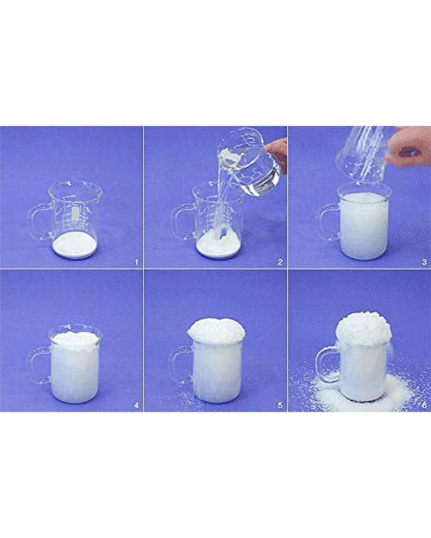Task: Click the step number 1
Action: tap(137, 262)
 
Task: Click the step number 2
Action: tap(280, 262)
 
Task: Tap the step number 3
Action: tap(424, 262)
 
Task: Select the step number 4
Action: tap(137, 406)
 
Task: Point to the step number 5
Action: tap(280, 406)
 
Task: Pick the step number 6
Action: tap(424, 406)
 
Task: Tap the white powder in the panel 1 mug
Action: tap(74, 246)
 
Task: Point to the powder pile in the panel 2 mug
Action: tap(218, 244)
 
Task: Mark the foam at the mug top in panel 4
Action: tap(75, 339)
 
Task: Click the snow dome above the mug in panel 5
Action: tap(217, 330)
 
